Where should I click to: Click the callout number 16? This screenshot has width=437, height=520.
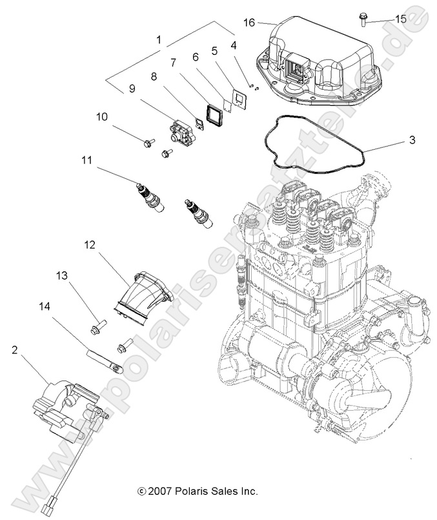click(249, 23)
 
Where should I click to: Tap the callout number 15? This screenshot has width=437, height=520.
click(401, 19)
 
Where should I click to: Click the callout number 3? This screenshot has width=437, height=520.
click(394, 140)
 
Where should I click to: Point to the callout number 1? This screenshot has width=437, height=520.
click(159, 40)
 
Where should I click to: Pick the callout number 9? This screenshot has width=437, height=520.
click(132, 90)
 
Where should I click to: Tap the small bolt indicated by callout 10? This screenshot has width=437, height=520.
click(148, 143)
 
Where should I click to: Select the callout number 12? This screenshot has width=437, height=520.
click(89, 245)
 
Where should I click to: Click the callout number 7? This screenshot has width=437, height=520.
click(173, 63)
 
